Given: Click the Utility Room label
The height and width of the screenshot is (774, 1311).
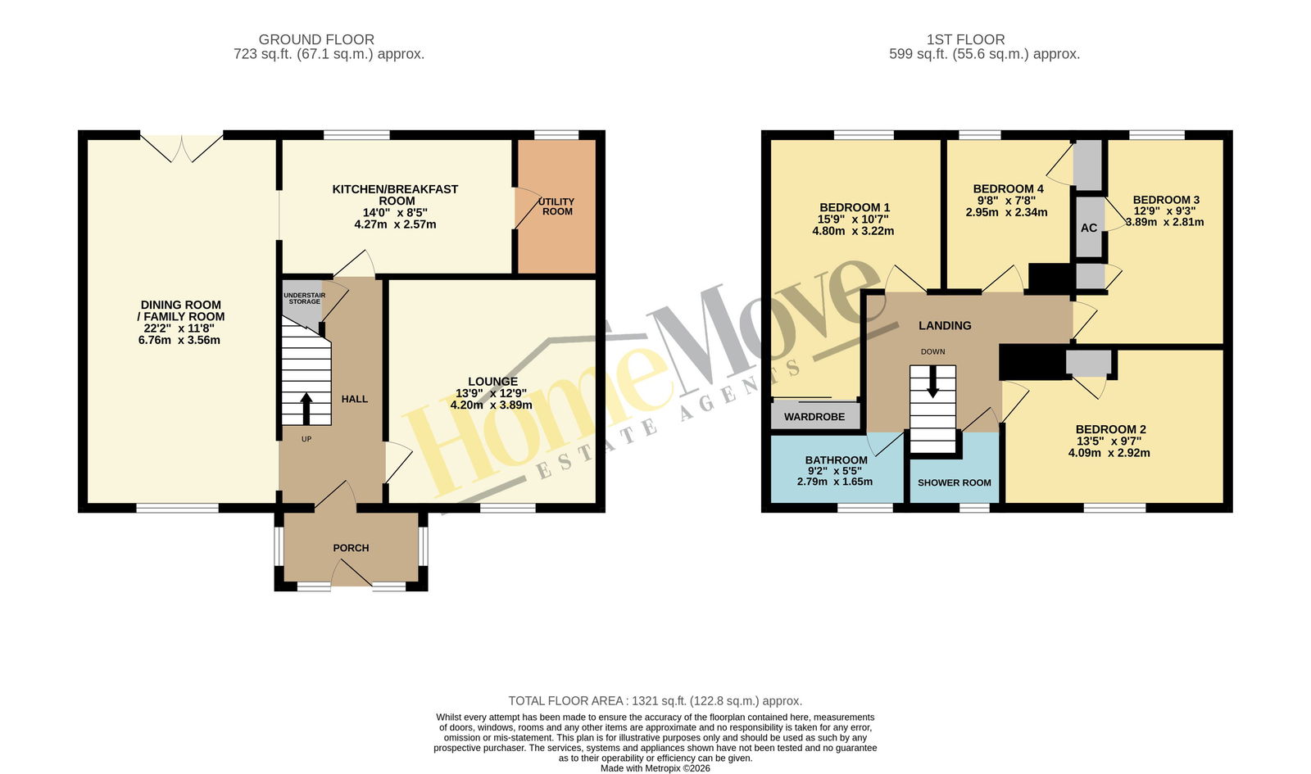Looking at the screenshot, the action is (556, 206).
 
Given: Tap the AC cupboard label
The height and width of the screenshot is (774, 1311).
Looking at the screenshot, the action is (1089, 229).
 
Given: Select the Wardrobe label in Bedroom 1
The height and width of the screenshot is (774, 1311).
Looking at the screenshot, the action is (814, 417).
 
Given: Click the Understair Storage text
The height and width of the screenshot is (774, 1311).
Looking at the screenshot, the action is (304, 298).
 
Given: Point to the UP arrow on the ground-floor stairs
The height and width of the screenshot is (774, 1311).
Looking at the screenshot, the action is (306, 409).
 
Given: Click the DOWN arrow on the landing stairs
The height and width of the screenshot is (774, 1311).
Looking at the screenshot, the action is (933, 382).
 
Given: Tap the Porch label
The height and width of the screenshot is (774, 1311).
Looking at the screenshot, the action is (352, 548).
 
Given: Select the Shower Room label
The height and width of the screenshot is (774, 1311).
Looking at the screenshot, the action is (955, 482).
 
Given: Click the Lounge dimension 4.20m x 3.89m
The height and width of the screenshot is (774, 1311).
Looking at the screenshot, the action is (491, 405).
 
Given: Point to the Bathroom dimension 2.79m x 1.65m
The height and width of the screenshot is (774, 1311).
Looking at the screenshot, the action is (835, 482).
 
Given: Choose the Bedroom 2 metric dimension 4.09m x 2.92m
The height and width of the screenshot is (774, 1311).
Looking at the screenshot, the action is (1109, 453).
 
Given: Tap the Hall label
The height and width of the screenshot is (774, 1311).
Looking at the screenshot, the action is (355, 399).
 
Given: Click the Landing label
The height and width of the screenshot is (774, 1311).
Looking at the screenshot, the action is (945, 326).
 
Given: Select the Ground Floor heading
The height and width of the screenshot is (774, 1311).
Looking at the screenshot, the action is (316, 40).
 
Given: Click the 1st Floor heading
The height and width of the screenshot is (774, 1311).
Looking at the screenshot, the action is (966, 40).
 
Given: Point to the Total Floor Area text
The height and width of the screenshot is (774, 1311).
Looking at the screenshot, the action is (655, 701).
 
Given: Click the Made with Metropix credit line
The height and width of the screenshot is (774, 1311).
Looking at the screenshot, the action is (655, 769).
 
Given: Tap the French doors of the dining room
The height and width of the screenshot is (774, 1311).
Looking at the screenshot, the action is (181, 148).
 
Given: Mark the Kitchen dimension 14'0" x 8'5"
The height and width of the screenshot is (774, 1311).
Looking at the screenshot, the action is (395, 212).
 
